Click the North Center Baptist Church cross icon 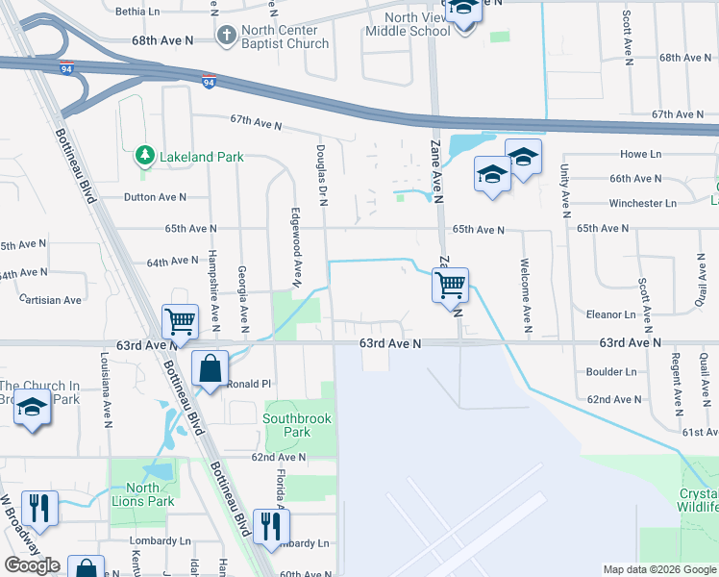pos(227,37)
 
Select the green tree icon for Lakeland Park pos(144,155)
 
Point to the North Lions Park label pos(142,494)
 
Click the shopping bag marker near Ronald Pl pos(210,369)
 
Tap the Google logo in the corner pos(32,565)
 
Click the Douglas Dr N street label pos(322,170)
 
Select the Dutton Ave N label pos(155,197)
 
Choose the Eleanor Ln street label pos(611,314)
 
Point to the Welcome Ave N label pos(525,289)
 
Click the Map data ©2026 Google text pos(659,569)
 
